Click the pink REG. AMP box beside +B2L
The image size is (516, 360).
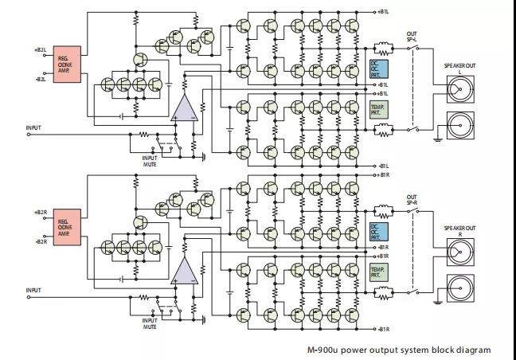pos(68,64)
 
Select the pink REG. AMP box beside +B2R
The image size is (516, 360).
pos(68,227)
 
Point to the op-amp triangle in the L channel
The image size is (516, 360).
pos(185,108)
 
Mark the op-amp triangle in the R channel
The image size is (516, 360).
pos(185,271)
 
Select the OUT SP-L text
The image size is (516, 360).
pos(411,35)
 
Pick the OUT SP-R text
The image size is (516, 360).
pos(411,198)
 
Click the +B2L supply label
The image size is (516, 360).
pos(41,49)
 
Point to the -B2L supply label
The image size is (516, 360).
pos(41,79)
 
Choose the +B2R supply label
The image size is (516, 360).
pos(41,213)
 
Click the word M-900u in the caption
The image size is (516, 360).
pos(326,350)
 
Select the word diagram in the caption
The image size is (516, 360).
pos(473,350)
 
